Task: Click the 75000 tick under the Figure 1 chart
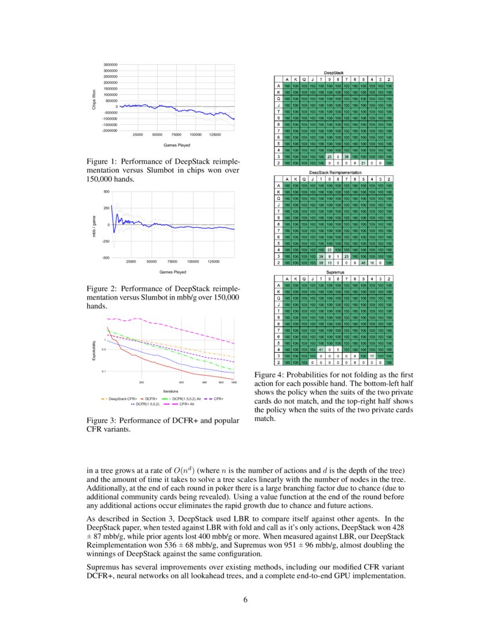click(176, 135)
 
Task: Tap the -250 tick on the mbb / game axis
click(106, 241)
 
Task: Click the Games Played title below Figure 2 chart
click(172, 271)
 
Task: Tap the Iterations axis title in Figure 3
click(170, 391)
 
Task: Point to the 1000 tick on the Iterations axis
click(233, 383)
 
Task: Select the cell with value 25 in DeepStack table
click(329, 157)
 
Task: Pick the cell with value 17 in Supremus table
click(372, 356)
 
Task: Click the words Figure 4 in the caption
click(269, 376)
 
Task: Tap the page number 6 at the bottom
click(245, 599)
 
